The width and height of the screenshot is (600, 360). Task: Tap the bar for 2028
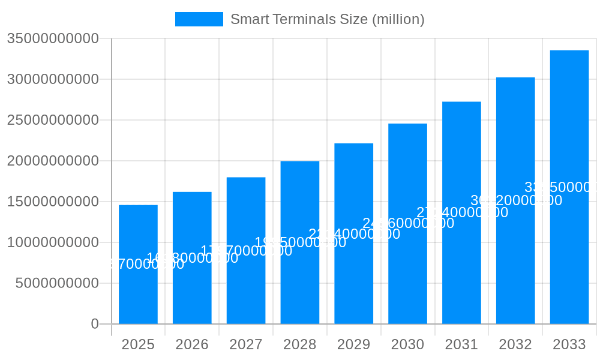(300, 282)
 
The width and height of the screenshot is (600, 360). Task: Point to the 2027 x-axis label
(246, 344)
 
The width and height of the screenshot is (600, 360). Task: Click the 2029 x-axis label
(353, 344)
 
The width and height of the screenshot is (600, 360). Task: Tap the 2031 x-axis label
(461, 344)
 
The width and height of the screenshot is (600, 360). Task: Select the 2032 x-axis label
(515, 344)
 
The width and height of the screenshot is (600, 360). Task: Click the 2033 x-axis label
(569, 344)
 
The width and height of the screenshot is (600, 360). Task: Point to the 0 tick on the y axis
(95, 324)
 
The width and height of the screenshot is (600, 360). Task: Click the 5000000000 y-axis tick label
(57, 283)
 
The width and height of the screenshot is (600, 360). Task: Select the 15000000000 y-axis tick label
(53, 202)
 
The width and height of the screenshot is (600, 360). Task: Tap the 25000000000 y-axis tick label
(53, 120)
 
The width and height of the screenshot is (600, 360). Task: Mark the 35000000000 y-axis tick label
(53, 39)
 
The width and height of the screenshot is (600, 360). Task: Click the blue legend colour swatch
(199, 19)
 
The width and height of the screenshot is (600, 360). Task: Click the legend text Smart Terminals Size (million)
(327, 19)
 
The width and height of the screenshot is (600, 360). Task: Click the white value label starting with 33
(561, 187)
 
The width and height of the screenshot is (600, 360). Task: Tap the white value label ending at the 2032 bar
(516, 200)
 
